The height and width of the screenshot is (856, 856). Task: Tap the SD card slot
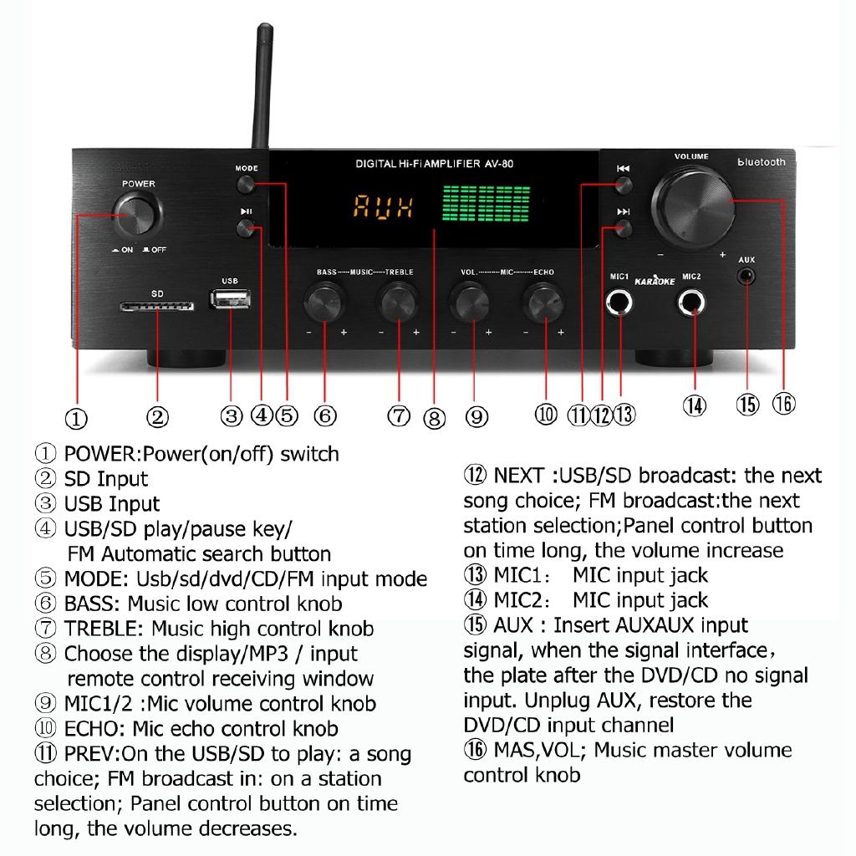coord(157,307)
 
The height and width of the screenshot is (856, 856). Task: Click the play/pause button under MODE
coord(246,229)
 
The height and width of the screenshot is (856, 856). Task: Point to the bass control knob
coord(324,303)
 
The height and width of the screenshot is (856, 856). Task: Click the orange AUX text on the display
coord(382,206)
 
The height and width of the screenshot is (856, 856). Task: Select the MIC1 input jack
coord(620,303)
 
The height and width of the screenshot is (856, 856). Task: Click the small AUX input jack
coord(746,274)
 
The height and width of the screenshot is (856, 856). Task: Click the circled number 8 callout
coord(434,416)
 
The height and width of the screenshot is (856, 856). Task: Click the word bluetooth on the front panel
coord(761,162)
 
